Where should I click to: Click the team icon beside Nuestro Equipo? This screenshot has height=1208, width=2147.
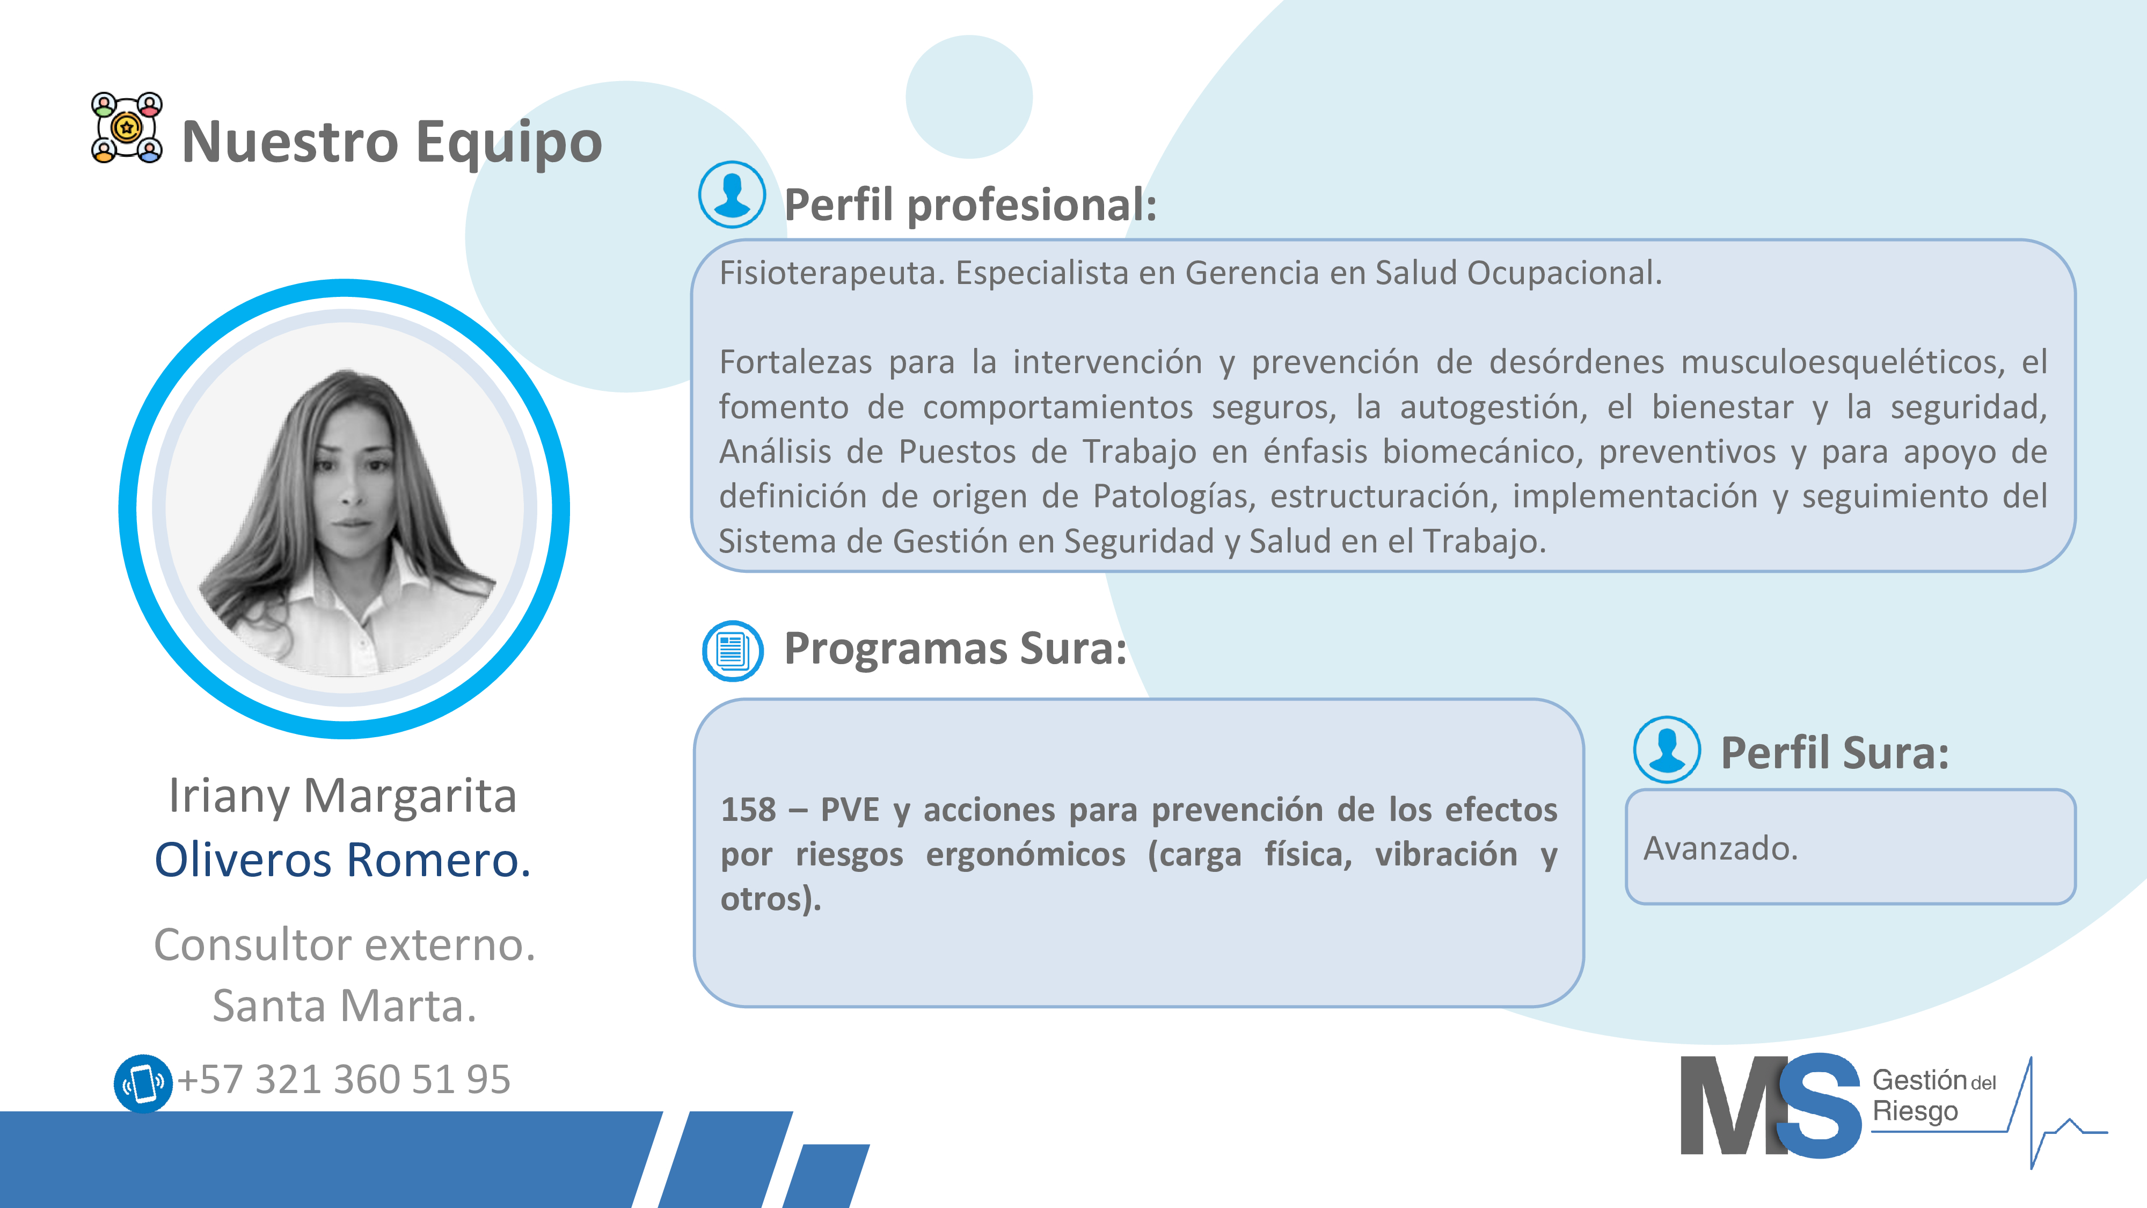coord(127,128)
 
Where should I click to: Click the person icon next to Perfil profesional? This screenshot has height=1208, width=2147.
coord(732,194)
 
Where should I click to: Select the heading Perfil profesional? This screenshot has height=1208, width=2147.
coord(971,205)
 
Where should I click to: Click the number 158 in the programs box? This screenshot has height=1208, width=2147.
coord(748,810)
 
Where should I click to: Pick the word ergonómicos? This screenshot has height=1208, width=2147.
coord(1025,855)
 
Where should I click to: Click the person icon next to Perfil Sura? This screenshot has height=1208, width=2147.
coord(1667,749)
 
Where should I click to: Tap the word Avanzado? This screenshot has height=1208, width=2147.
coord(1720,849)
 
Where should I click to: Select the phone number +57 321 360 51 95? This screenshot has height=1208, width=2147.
coord(344,1080)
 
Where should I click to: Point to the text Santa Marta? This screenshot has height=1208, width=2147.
coord(344,1006)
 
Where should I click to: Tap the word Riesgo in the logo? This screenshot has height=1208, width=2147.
coord(1915,1112)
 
